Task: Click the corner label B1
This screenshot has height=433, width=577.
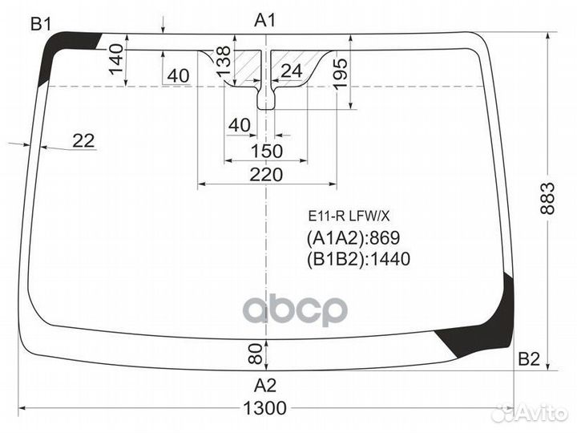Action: click(41, 24)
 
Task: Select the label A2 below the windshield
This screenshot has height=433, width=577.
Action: click(265, 383)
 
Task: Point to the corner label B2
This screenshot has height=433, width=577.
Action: click(528, 358)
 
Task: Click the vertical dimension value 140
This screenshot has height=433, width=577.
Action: click(116, 59)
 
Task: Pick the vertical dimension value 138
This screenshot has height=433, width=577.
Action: click(224, 61)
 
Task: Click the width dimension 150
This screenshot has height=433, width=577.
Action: click(265, 151)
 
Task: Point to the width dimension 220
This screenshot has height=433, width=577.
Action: click(265, 175)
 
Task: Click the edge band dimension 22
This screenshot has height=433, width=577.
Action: click(83, 140)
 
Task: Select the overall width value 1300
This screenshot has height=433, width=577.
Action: click(264, 408)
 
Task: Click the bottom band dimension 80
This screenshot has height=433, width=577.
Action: click(255, 350)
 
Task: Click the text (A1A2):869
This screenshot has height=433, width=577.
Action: click(353, 238)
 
